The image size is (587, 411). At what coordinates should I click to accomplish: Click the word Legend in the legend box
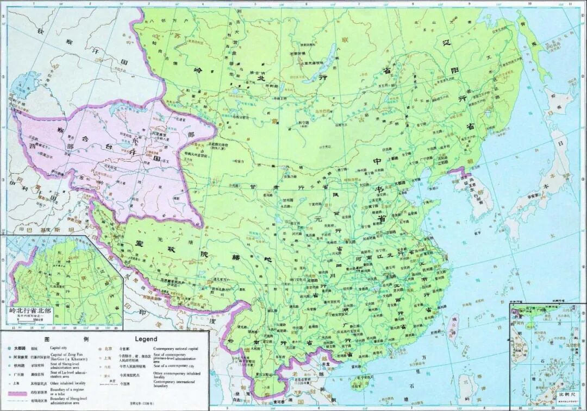146,339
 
